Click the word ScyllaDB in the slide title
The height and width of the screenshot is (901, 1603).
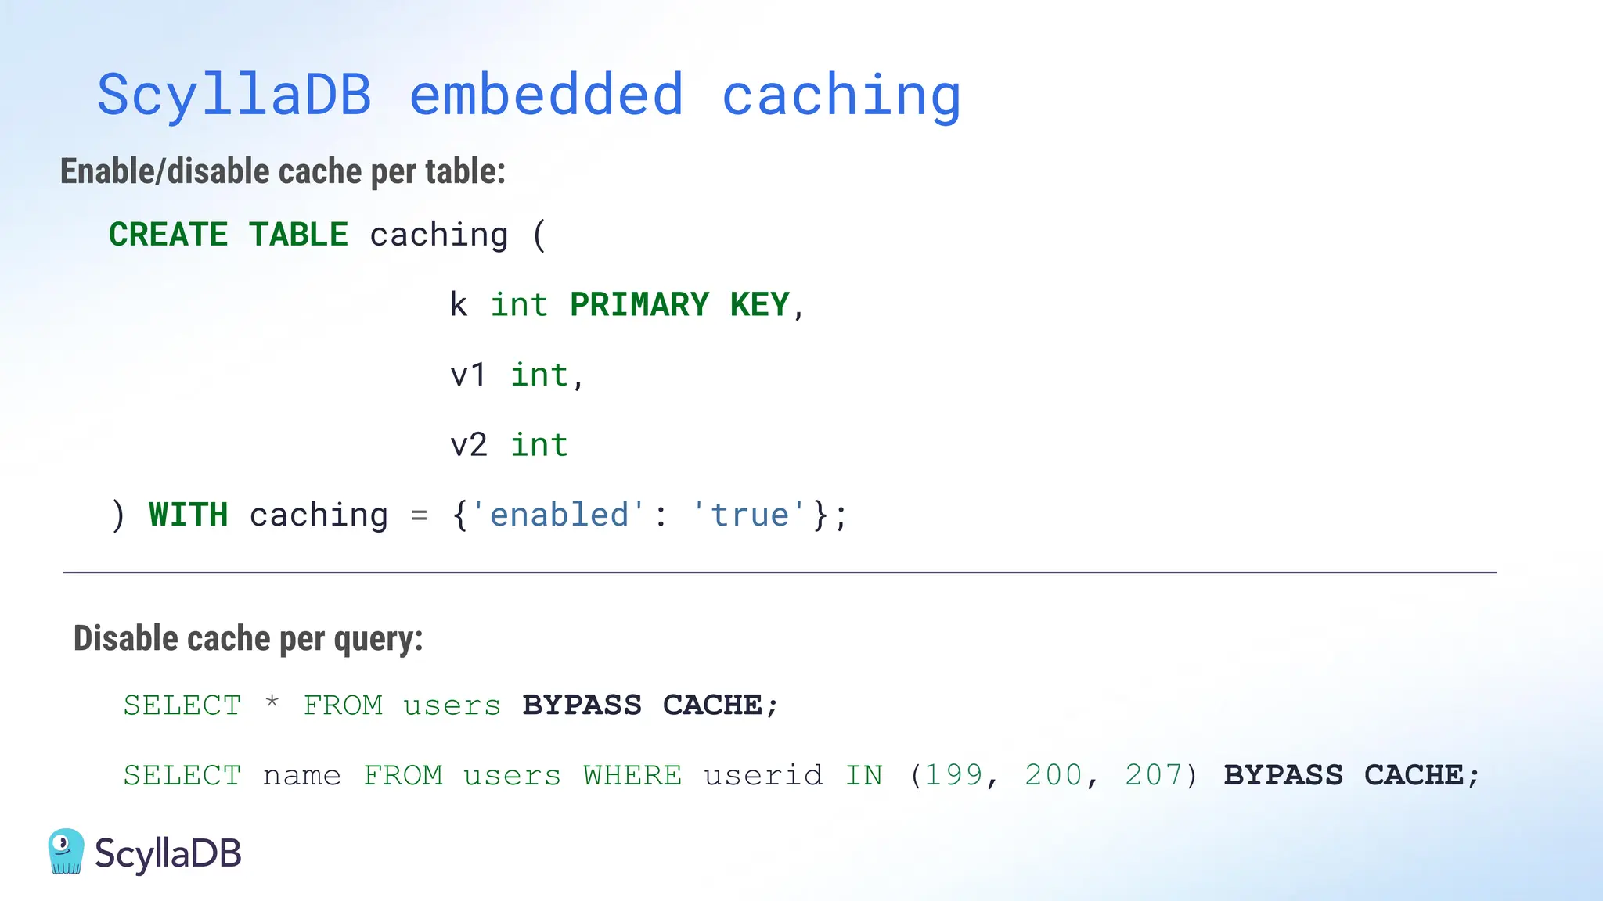point(234,95)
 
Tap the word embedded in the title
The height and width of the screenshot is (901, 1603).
point(546,95)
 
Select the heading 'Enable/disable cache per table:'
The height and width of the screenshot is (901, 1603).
point(283,171)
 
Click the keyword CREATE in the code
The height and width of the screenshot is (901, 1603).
point(168,235)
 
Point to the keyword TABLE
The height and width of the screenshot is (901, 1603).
point(298,235)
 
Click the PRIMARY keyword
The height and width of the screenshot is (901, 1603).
point(639,304)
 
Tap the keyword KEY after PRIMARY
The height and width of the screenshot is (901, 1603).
point(759,304)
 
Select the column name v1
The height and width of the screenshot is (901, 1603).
point(468,375)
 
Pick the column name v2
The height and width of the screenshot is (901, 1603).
point(468,445)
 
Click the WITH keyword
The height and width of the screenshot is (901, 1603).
point(189,515)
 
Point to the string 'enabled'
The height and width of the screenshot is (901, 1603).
point(559,515)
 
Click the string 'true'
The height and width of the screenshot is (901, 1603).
point(749,515)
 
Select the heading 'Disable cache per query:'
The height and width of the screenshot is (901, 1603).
point(248,638)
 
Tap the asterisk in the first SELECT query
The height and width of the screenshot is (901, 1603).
point(272,702)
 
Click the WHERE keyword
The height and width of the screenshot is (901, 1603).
point(632,775)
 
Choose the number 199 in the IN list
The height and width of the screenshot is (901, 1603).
point(953,775)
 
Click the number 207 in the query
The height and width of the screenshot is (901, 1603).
point(1154,775)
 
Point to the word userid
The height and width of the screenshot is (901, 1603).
point(763,775)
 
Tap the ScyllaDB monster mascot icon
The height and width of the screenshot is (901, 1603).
point(66,851)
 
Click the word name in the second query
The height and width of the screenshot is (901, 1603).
point(302,775)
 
